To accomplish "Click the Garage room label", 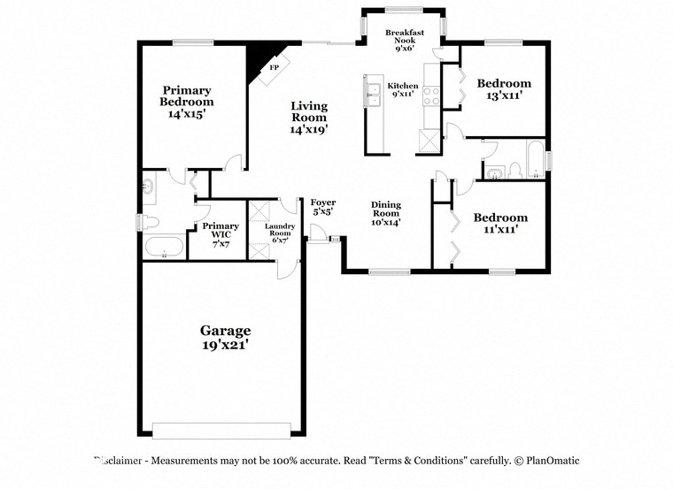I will [224, 331].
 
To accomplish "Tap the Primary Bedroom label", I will [186, 96].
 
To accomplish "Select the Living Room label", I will [309, 111].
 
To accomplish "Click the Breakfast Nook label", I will [404, 37].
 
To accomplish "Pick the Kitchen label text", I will [403, 86].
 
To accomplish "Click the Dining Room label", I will [386, 209].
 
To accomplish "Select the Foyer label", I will [323, 203].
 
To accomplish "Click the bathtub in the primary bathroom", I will [164, 247].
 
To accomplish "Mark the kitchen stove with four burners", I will [432, 94].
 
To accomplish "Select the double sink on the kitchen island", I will [372, 92].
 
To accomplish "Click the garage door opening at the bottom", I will [221, 430].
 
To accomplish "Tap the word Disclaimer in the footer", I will [120, 461].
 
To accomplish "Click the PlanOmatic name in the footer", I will [550, 461].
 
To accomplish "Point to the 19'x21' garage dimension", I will [224, 346].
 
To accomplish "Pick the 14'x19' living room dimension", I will [309, 129].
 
